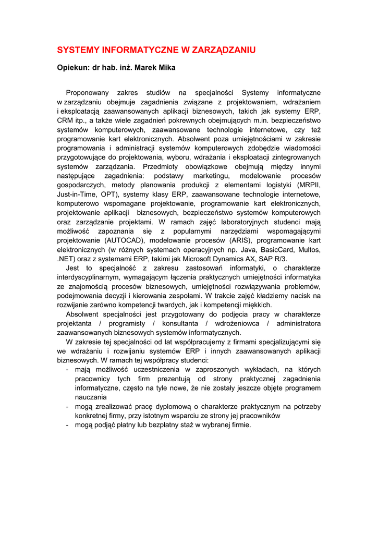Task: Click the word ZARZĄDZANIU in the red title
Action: (224, 50)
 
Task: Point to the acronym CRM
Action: (65, 120)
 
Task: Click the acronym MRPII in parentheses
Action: (309, 185)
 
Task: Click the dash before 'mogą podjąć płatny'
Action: (68, 425)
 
